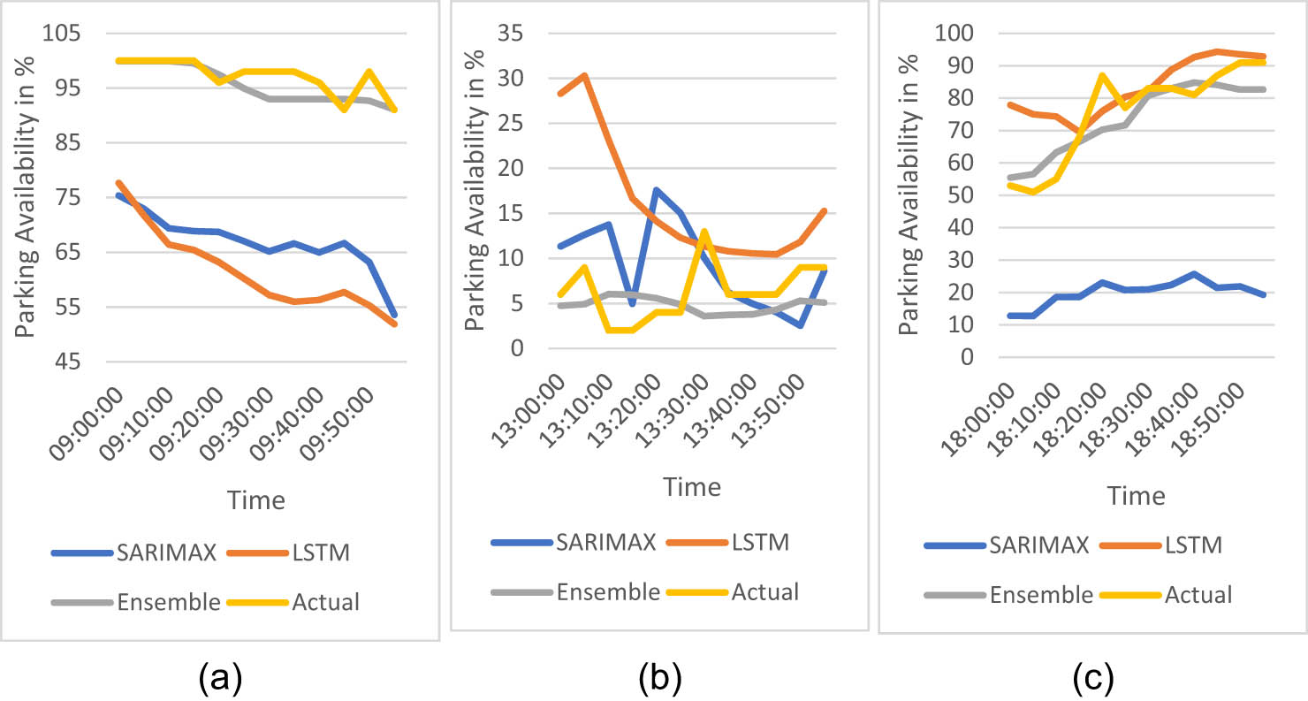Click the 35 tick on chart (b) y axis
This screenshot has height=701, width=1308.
510,34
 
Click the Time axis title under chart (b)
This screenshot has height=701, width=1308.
692,487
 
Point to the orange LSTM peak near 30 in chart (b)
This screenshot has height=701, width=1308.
584,76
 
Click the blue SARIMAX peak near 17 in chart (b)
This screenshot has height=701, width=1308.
655,190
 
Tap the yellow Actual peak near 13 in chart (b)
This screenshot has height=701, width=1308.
703,232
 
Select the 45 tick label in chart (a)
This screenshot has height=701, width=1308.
64,362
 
